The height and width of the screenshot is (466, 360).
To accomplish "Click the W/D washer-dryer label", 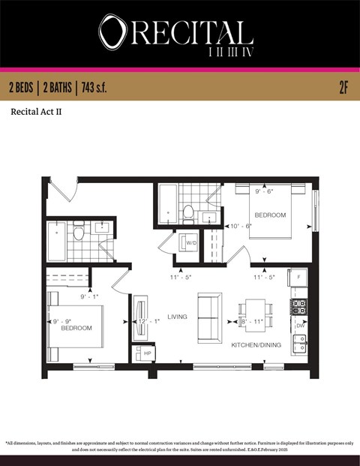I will point(192,242).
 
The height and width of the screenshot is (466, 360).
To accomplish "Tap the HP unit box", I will point(147,353).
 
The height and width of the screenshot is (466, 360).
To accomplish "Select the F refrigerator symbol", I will point(300,277).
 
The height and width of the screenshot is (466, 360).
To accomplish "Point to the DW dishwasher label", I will point(300,326).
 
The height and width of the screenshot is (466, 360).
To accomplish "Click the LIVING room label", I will point(177,316).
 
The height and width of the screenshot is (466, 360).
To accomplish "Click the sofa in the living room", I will point(210,317).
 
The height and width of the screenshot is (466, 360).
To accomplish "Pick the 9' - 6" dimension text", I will point(264,191).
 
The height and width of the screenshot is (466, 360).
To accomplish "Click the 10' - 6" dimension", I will point(241,226).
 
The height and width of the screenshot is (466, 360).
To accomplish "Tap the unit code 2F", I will point(343,88).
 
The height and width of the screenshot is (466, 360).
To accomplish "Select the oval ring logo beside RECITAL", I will point(112,32).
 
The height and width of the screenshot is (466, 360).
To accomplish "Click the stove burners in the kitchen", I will point(299,306).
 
